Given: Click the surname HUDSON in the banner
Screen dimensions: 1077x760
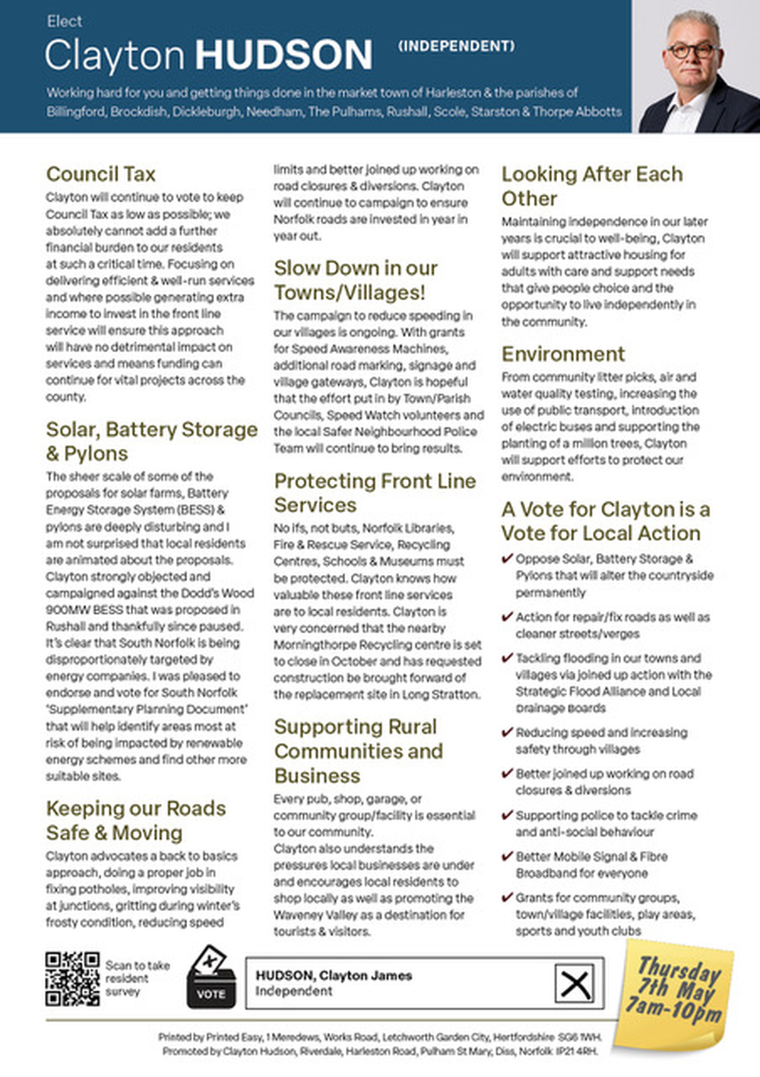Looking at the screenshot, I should click(x=284, y=56).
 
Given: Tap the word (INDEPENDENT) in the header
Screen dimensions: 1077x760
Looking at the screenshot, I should click(x=456, y=46).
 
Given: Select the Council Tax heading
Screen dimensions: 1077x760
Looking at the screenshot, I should click(x=100, y=174).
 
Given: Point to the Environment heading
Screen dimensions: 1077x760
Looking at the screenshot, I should click(x=563, y=354).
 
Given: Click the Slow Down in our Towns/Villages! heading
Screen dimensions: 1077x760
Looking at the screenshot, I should click(x=356, y=280).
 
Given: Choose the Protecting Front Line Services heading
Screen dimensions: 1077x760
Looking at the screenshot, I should click(x=375, y=493).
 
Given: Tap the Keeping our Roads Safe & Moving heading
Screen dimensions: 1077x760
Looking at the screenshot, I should click(x=135, y=820).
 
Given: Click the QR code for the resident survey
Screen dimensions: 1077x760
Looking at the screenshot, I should click(x=72, y=979).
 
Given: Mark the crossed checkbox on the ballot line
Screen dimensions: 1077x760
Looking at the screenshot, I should click(x=575, y=984).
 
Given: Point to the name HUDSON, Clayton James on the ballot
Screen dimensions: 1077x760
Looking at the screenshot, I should click(x=334, y=975).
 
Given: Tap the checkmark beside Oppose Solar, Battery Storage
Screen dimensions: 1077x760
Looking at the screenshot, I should click(x=507, y=559).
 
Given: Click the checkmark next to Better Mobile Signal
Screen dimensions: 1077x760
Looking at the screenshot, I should click(x=507, y=856).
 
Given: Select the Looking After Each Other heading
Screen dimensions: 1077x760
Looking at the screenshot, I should click(x=591, y=186).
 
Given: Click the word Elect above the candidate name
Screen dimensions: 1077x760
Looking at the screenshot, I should click(x=64, y=21).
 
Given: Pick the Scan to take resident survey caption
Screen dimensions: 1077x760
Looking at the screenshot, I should click(x=137, y=978).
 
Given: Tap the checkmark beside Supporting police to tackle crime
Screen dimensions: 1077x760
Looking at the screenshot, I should click(x=507, y=815).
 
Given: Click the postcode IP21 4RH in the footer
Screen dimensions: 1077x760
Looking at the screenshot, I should click(x=577, y=1051).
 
